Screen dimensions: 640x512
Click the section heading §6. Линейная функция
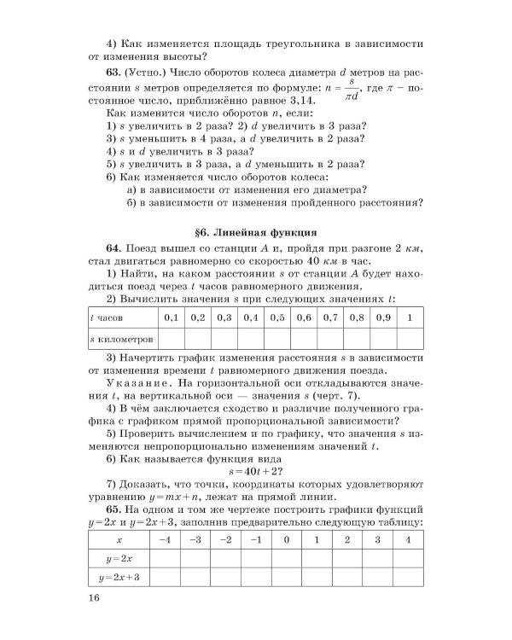pyautogui.click(x=255, y=231)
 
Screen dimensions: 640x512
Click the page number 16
pyautogui.click(x=94, y=598)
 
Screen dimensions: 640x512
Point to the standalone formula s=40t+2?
pyautogui.click(x=255, y=470)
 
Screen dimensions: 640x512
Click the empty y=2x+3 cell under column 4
pyautogui.click(x=407, y=578)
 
